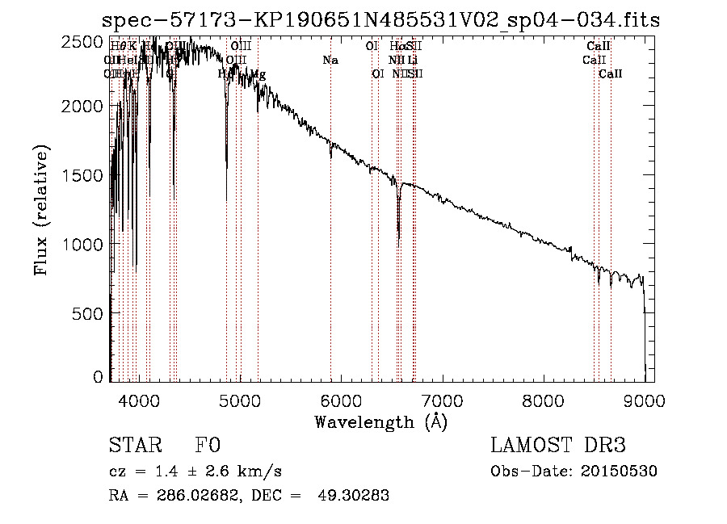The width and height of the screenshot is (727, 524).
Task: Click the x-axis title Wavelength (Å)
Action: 380,421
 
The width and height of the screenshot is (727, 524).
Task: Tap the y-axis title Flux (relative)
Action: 40,210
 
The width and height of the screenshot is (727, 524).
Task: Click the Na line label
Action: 330,61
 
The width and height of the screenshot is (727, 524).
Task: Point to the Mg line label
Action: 258,74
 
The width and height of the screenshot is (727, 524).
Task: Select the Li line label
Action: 412,61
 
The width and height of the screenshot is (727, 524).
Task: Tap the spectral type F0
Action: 208,445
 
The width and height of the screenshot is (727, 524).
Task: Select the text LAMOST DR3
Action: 558,445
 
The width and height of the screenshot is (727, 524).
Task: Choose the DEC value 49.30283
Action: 355,496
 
